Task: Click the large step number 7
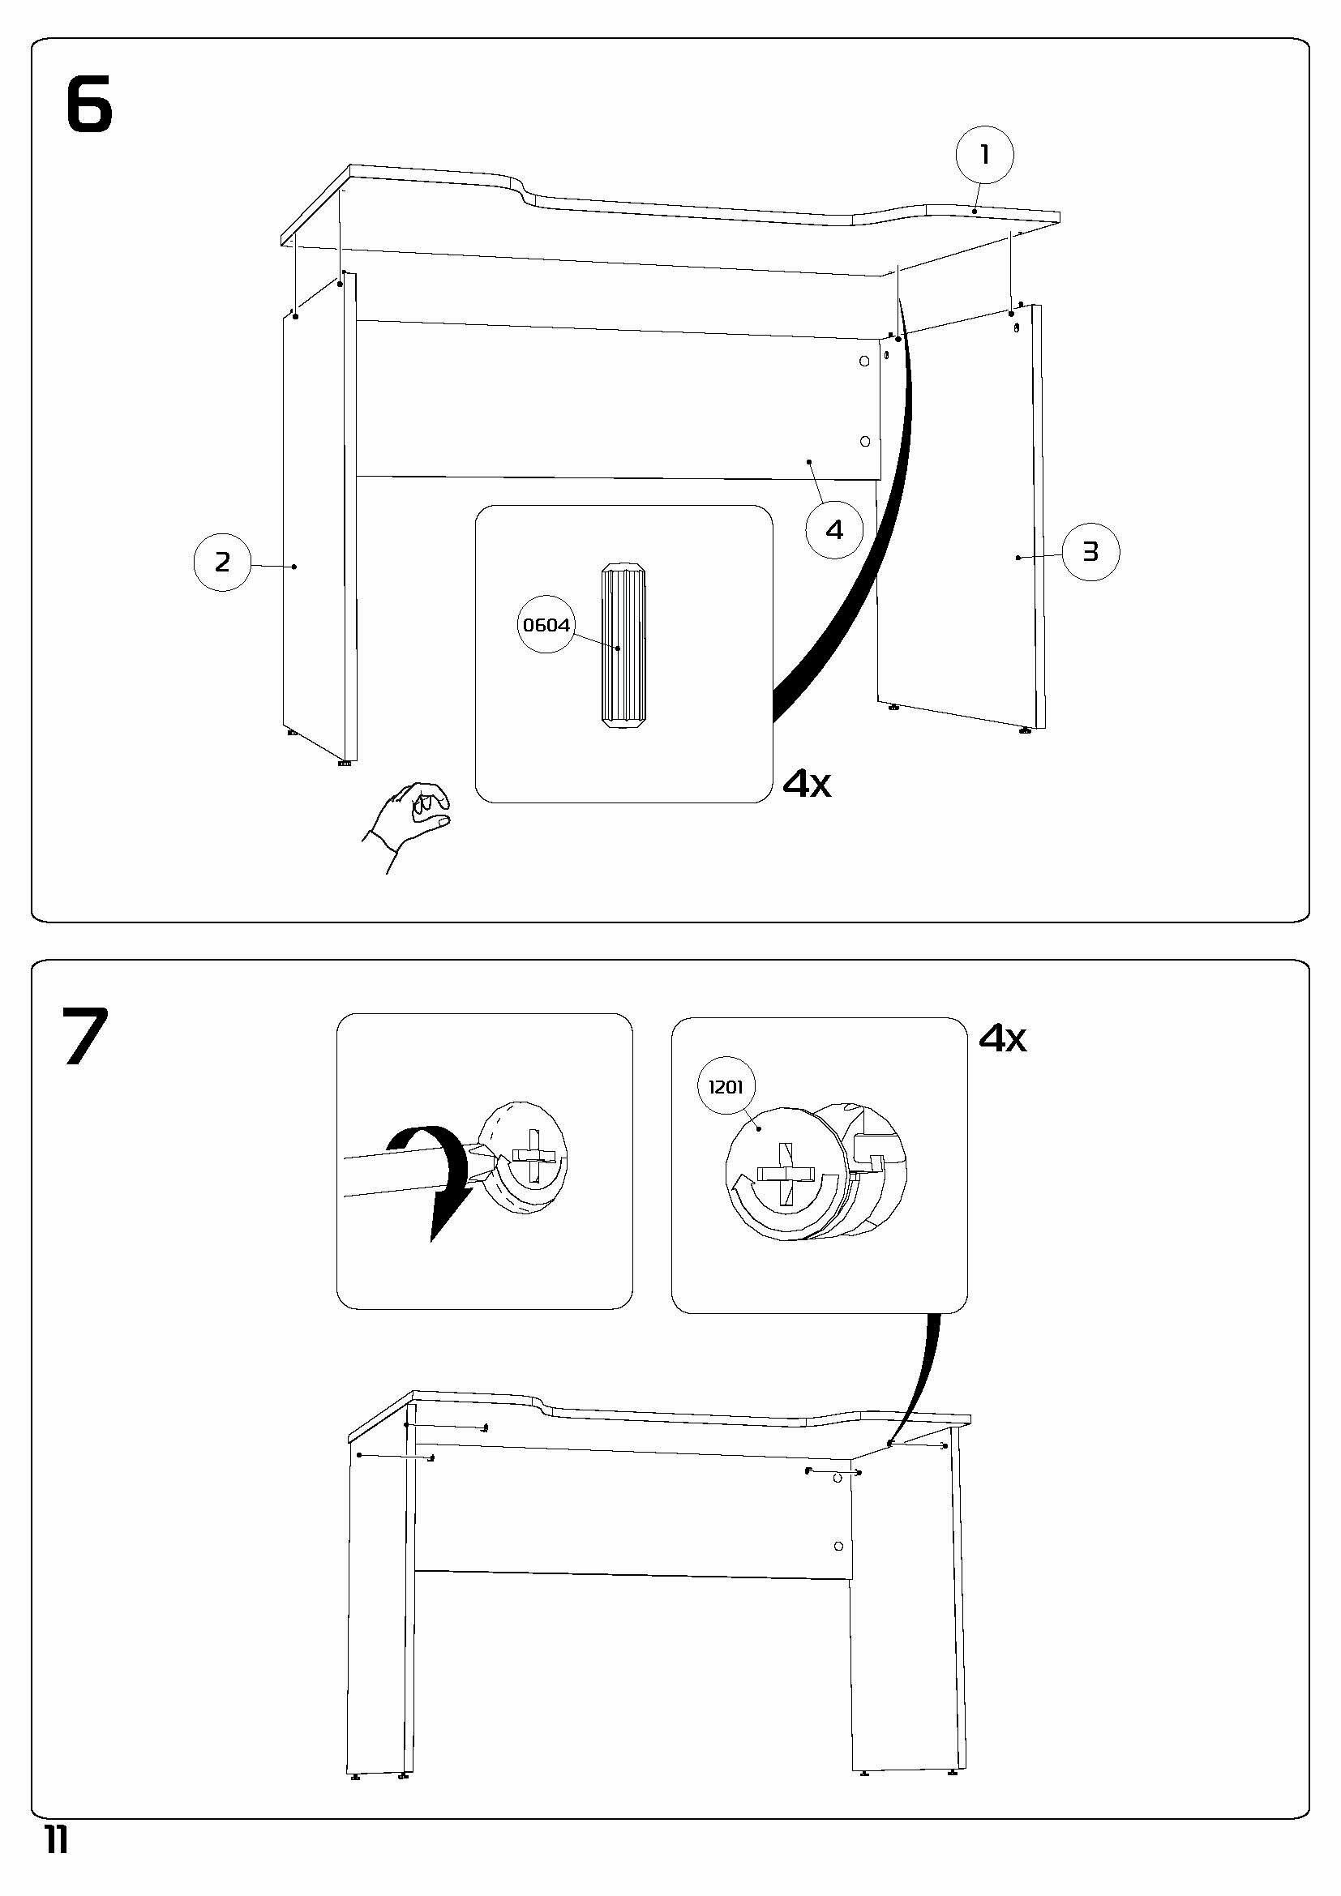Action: coord(85,1037)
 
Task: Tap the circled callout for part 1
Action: coord(984,156)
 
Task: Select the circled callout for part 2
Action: coord(222,563)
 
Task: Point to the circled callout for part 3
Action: coord(1090,552)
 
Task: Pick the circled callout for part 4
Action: coord(834,530)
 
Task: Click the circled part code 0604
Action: coord(546,625)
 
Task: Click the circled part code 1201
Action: coord(726,1088)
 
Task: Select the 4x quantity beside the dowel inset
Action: coord(807,785)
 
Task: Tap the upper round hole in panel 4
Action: coord(864,362)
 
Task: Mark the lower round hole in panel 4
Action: coord(864,442)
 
